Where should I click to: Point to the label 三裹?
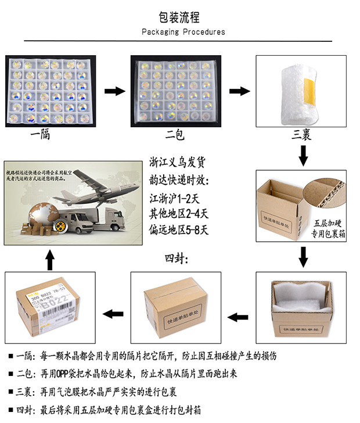click(304, 135)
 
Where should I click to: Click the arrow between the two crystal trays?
click(114, 91)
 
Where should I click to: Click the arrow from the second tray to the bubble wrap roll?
click(240, 91)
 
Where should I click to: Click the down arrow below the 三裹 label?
click(303, 155)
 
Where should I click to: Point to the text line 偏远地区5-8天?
click(183, 230)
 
